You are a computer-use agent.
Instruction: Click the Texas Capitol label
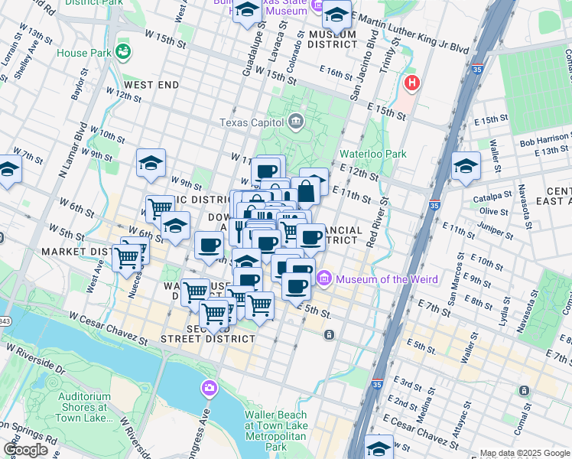[250, 122]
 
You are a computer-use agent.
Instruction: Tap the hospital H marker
[413, 83]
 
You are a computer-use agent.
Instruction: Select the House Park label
[83, 53]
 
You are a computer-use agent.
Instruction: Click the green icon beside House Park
[123, 52]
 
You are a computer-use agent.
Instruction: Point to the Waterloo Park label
[372, 153]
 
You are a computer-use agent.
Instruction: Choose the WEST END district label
[151, 85]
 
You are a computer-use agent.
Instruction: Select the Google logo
[26, 450]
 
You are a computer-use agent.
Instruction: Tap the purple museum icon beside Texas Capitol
[296, 122]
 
